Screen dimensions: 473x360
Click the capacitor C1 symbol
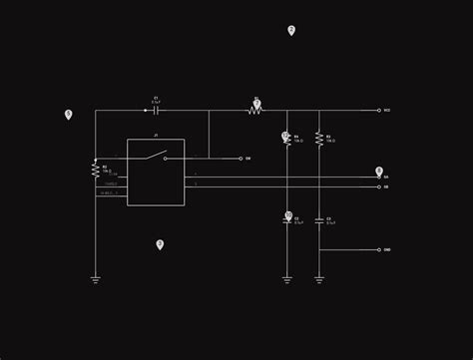click(x=156, y=110)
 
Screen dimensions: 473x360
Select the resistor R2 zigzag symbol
click(x=96, y=170)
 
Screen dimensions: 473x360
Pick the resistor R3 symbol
click(x=319, y=139)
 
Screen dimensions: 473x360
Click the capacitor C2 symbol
click(x=287, y=220)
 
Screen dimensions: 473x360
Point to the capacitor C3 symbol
click(x=319, y=219)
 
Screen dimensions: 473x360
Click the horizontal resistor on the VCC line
click(x=255, y=110)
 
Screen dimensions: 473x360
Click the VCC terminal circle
click(x=379, y=110)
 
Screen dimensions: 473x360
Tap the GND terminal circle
click(x=379, y=249)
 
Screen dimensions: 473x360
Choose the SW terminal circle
click(x=240, y=158)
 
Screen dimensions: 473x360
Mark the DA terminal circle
click(x=379, y=178)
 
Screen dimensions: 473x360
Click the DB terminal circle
click(x=379, y=186)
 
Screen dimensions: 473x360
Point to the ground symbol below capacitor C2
click(x=287, y=280)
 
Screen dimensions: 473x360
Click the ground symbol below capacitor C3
click(x=319, y=280)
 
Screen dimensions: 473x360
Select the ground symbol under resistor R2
click(x=96, y=280)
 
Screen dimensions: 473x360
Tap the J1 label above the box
click(x=156, y=135)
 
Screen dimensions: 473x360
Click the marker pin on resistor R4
click(x=285, y=135)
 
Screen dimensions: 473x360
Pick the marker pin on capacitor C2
click(x=288, y=214)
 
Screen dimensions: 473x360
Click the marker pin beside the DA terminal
click(x=379, y=171)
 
